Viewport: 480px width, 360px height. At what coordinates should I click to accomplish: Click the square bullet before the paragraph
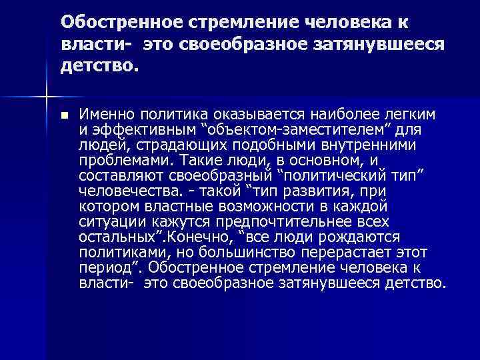[63, 115]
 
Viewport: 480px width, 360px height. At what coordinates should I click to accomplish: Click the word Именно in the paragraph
[102, 115]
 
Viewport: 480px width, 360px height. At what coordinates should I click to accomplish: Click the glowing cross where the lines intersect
[45, 97]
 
